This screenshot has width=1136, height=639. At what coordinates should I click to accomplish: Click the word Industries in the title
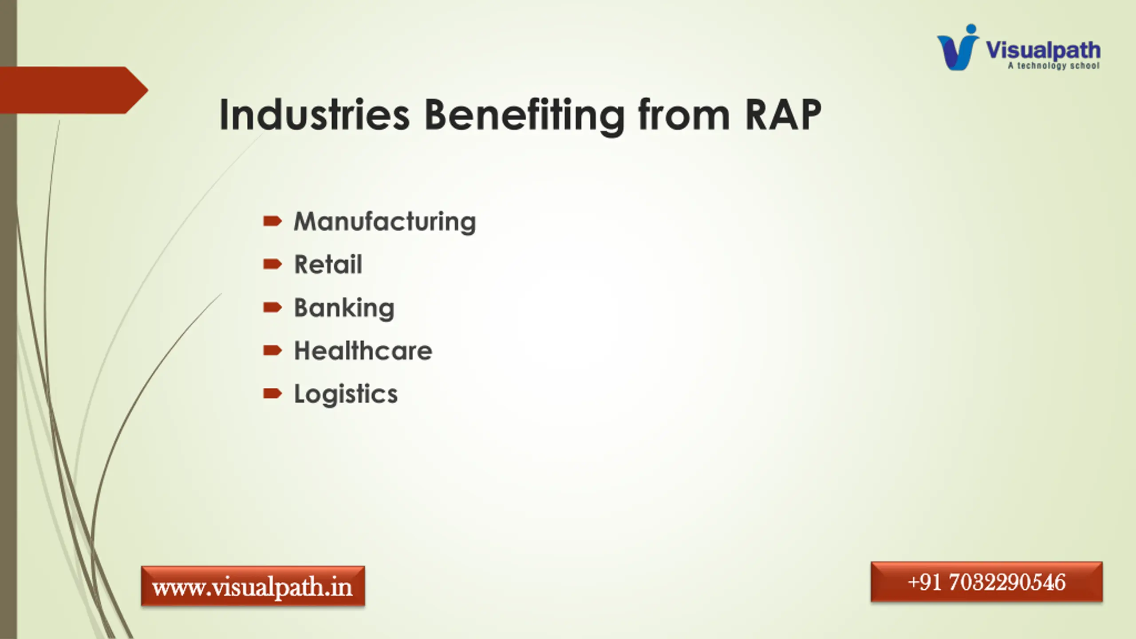(x=314, y=114)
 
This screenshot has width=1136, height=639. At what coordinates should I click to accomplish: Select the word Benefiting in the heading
(x=525, y=116)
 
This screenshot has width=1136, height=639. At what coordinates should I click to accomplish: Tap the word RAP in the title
(x=783, y=114)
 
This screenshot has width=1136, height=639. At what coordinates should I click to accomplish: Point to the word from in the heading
(x=684, y=114)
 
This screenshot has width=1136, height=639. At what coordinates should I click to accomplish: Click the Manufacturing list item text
(x=385, y=221)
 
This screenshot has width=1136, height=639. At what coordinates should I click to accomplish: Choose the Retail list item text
(x=328, y=264)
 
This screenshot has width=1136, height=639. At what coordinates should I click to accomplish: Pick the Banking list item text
(x=344, y=308)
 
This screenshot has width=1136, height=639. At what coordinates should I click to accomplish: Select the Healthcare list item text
(x=363, y=351)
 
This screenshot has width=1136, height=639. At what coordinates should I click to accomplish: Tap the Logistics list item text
(x=346, y=394)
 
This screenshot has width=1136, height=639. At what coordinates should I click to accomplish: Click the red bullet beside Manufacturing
(x=272, y=221)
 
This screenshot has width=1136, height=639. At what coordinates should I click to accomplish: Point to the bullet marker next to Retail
(x=272, y=264)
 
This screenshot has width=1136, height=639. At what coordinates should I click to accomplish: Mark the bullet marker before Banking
(x=272, y=308)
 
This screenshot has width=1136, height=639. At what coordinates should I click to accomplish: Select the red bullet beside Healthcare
(x=272, y=351)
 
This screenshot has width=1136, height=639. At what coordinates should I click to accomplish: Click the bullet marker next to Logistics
(x=272, y=394)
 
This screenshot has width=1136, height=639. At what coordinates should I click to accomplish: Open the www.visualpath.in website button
(x=253, y=586)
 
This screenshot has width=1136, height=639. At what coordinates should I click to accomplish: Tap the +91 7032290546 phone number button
(x=986, y=582)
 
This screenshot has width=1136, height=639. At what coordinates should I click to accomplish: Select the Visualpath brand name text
(x=1043, y=50)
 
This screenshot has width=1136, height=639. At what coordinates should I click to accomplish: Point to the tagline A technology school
(x=1054, y=66)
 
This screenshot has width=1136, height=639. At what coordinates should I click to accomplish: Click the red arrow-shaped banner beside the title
(x=74, y=90)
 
